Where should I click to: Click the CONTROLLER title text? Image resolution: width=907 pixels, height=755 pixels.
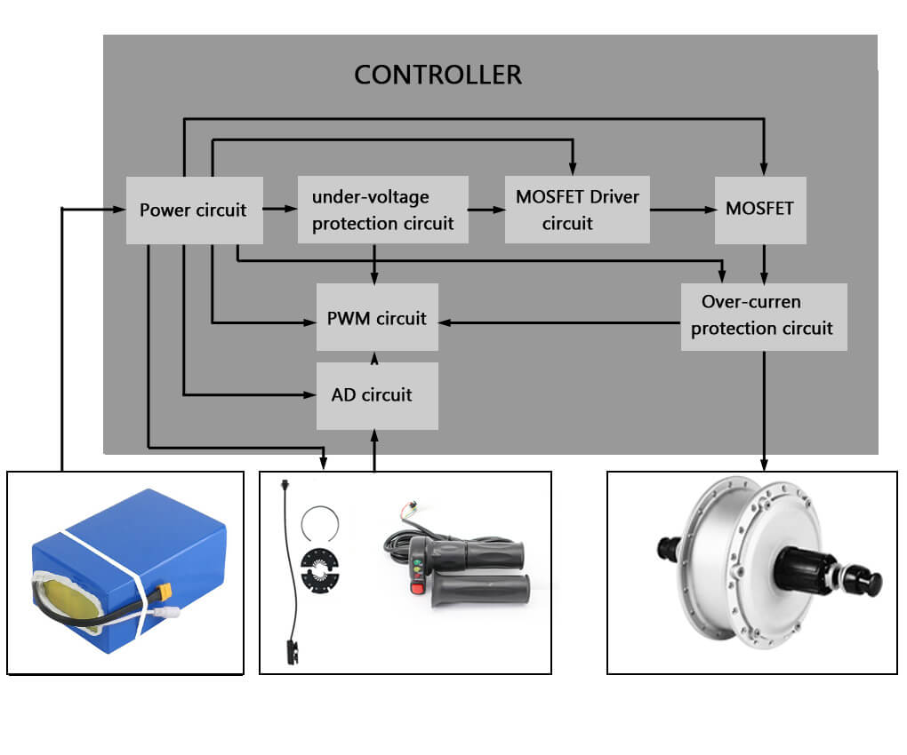[x=437, y=75]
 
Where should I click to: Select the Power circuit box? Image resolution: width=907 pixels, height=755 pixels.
[x=194, y=211]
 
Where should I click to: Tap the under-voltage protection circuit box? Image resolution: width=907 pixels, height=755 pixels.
[x=382, y=211]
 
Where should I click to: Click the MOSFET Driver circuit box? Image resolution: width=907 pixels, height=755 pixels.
[x=577, y=210]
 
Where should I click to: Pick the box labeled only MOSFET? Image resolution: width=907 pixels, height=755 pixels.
[x=760, y=210]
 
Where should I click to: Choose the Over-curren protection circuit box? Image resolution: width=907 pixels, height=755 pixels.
[x=763, y=315]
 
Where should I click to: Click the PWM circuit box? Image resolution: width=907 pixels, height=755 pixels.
[x=377, y=318]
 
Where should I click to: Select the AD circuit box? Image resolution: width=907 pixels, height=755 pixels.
[x=377, y=395]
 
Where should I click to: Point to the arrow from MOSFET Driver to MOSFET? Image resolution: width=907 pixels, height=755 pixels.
[x=682, y=210]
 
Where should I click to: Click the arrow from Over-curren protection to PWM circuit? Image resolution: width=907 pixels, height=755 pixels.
[x=560, y=322]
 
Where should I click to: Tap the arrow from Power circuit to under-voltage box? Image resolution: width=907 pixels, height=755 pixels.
[x=281, y=210]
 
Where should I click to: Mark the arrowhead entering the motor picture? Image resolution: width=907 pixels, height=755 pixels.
[x=763, y=464]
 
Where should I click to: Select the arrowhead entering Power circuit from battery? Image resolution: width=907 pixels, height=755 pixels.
[x=119, y=210]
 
